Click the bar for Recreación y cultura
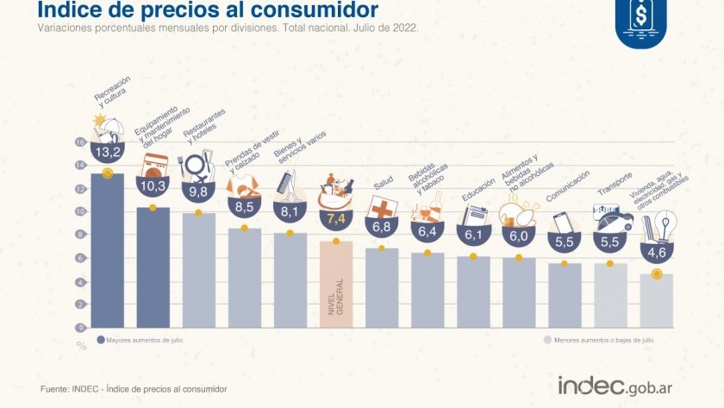tap(107, 250)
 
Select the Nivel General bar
tap(336, 285)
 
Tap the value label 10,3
tap(153, 185)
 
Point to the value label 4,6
tap(657, 253)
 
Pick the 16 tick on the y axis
tap(80, 142)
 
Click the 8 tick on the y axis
tap(81, 235)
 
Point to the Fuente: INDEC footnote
tap(134, 390)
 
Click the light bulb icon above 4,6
tap(665, 226)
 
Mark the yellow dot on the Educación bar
tap(473, 256)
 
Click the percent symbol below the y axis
tap(82, 345)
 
